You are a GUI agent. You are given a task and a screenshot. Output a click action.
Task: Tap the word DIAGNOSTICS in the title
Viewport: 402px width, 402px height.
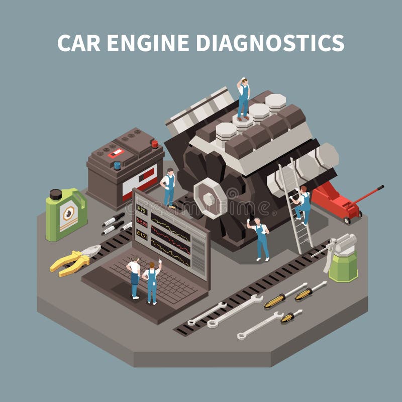point(269,43)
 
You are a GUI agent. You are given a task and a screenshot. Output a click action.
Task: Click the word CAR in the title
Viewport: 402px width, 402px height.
point(76,43)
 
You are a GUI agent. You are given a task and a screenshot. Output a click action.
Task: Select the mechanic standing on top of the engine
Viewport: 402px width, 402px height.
point(243,98)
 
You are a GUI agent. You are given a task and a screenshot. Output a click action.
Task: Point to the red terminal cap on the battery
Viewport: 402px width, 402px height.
point(154,144)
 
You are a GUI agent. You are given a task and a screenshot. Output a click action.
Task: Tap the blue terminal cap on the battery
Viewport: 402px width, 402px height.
point(117,165)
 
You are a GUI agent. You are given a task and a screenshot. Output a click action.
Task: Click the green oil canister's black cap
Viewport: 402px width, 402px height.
point(56,194)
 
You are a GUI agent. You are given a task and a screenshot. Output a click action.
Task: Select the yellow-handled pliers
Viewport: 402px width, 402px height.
point(74,260)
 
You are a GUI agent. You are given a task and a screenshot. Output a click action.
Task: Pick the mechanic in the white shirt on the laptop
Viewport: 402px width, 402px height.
point(134,278)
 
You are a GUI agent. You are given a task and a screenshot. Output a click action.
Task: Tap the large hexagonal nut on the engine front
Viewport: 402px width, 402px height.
point(211,198)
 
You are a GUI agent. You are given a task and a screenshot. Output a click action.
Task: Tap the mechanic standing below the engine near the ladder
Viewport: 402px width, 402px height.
point(260,239)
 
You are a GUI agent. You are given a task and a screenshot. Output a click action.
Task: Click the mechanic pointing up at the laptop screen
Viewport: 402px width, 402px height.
point(151,282)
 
